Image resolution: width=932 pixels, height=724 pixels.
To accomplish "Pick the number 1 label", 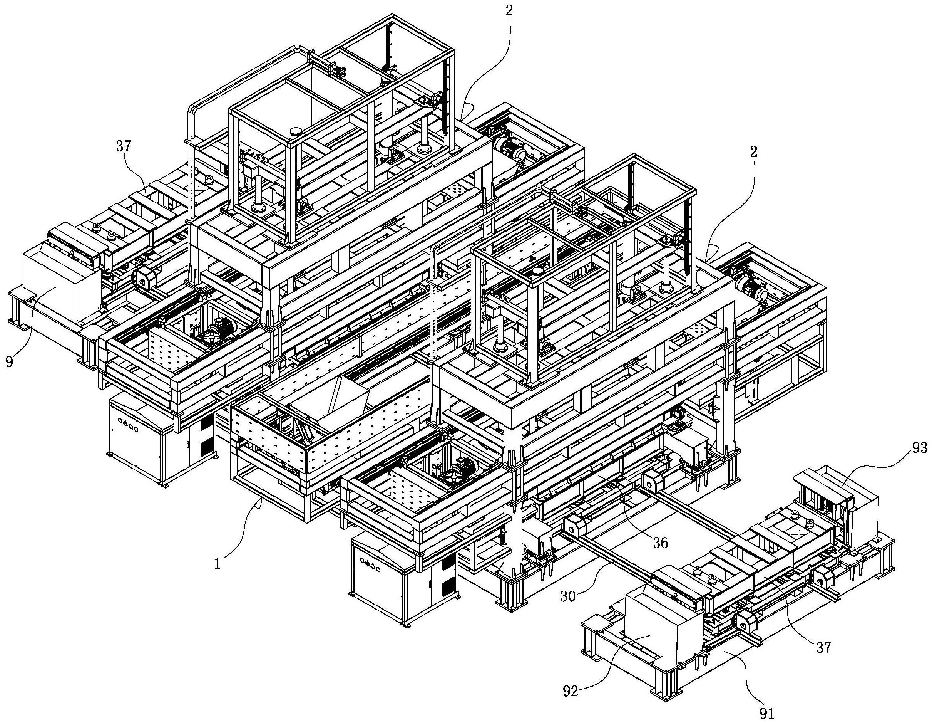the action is [217, 565].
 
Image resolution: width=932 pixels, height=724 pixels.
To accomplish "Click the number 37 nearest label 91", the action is [823, 648].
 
